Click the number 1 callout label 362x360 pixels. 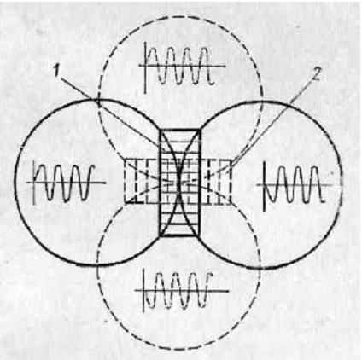click(57, 71)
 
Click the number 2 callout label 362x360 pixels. click(315, 74)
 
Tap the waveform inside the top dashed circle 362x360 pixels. click(183, 66)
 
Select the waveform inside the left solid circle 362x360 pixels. click(66, 183)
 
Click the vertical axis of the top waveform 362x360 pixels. click(145, 67)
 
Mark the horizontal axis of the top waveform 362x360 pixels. click(183, 67)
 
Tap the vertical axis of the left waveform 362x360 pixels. click(35, 183)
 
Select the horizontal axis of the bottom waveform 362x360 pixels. click(182, 291)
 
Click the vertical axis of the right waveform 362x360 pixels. click(265, 186)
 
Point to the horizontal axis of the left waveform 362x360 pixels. click(66, 183)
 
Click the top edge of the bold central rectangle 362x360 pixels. click(181, 130)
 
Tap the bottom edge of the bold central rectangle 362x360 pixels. click(179, 235)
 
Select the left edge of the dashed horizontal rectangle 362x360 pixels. click(126, 181)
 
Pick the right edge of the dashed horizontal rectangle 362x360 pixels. click(231, 182)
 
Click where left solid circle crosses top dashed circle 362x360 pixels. click(97, 100)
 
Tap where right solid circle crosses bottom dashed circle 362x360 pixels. click(259, 266)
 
